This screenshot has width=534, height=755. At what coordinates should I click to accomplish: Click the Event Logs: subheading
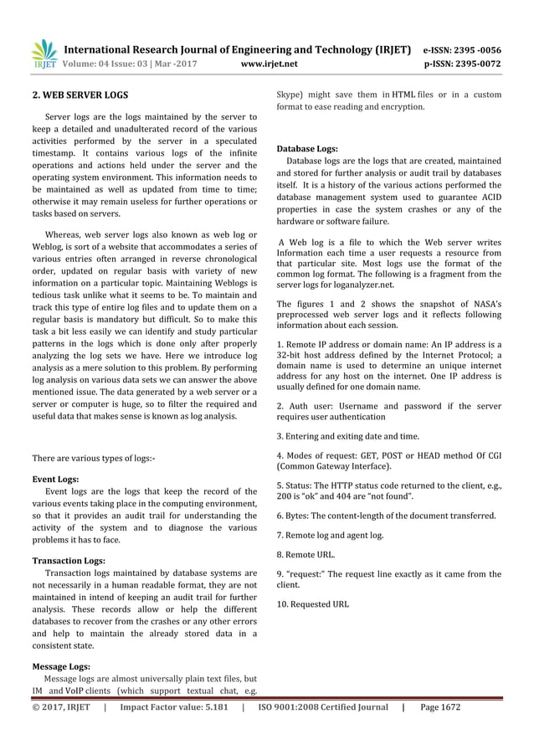click(x=55, y=480)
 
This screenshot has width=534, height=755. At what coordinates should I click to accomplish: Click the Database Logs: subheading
click(x=307, y=149)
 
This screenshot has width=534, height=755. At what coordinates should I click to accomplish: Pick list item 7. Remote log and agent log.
click(x=330, y=534)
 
